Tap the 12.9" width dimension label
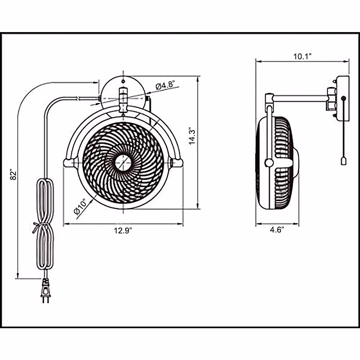click(123, 230)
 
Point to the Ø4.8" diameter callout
click(165, 85)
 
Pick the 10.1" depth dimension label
click(302, 56)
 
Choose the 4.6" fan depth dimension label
click(277, 230)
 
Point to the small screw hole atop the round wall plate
click(123, 81)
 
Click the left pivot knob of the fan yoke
click(68, 162)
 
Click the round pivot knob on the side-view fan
click(268, 163)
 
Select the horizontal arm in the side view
click(300, 98)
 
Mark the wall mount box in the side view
click(343, 98)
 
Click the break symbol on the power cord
click(78, 98)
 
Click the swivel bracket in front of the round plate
click(123, 99)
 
